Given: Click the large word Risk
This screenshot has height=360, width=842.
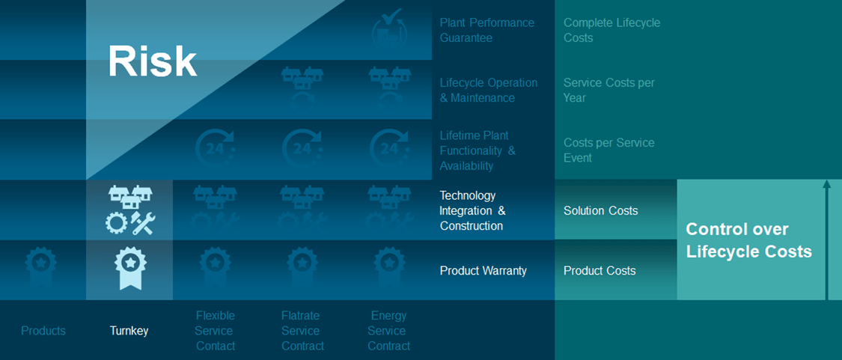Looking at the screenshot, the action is tap(153, 61).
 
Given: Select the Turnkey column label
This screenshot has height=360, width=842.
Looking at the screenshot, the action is tap(129, 331).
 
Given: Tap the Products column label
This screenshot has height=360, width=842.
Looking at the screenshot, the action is tap(43, 331).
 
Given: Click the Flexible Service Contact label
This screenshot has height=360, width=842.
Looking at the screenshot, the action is tap(215, 331).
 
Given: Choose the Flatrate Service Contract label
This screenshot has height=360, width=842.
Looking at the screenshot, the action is tap(302, 331).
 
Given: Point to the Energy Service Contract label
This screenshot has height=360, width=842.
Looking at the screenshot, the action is tap(388, 331).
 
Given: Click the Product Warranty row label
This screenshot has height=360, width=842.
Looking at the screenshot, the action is tap(483, 271).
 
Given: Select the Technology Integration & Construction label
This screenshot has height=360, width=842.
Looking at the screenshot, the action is tap(472, 210).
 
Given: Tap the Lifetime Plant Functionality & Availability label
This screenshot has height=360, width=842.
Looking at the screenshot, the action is tap(478, 151).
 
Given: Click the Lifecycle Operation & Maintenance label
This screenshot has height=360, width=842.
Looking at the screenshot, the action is tap(489, 91).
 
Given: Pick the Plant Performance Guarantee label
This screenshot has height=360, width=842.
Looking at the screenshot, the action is tap(487, 30).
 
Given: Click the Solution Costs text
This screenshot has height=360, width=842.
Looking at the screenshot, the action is tap(601, 210).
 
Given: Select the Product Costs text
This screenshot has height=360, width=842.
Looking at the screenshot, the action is tap(600, 271).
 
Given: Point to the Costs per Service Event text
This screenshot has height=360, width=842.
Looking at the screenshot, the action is tap(609, 150).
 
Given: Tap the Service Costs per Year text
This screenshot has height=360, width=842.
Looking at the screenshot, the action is tap(609, 91).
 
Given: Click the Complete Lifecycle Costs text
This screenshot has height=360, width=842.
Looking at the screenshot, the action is tap(612, 30).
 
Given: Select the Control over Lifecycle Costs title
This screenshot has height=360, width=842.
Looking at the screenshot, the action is tap(749, 240).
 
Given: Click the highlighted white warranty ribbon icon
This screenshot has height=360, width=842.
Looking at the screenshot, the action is tap(130, 268).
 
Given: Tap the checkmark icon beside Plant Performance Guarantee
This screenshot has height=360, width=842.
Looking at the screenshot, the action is tap(389, 29).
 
